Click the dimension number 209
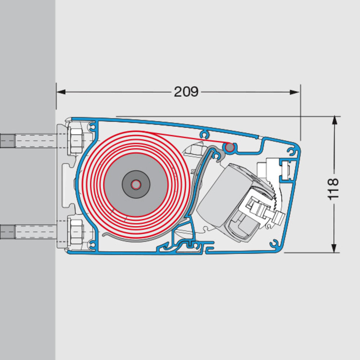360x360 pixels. coord(186,92)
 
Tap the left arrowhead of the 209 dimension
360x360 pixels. coord(61,92)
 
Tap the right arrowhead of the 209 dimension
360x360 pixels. coord(294,92)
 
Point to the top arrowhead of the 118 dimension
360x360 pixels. coord(334,120)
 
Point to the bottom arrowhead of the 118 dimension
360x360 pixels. coord(334,248)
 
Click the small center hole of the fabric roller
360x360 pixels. coord(136,184)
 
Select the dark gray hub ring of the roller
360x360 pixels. coord(136,184)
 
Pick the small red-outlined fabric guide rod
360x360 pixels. coord(229,147)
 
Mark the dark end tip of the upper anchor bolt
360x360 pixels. coord(7,141)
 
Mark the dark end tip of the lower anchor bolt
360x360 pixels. coord(7,232)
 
